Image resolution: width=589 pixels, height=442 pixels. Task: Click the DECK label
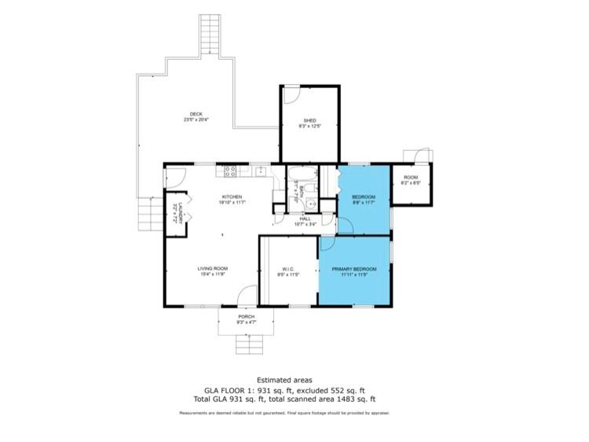[196, 114]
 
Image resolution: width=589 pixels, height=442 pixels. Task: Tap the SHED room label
[309, 120]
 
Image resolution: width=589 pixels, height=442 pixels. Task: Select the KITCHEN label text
[232, 197]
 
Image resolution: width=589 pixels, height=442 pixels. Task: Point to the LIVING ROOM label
[212, 269]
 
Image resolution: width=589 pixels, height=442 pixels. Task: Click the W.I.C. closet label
[287, 269]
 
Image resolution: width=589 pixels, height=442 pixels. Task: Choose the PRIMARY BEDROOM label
[353, 269]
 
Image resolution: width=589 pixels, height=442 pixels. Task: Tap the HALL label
[305, 219]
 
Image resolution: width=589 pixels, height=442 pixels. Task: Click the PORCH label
[247, 317]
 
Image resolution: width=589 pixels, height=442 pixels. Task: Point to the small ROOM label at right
[412, 178]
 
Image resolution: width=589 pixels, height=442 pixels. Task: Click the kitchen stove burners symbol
[232, 170]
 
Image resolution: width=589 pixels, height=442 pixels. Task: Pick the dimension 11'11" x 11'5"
[353, 275]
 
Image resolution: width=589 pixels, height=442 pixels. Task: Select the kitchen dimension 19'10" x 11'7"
[232, 203]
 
